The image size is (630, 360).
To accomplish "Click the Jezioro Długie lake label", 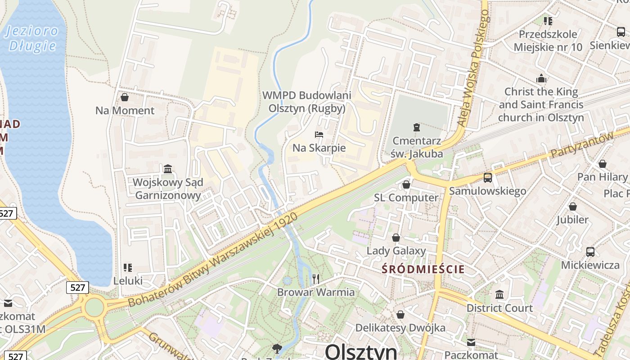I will coord(32,38).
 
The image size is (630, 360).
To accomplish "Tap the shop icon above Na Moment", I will coord(125,97).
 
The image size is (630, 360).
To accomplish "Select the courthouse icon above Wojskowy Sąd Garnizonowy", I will coord(168,169).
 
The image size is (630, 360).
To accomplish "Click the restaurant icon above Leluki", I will coord(128,268).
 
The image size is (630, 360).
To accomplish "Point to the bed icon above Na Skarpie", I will coord(319,135).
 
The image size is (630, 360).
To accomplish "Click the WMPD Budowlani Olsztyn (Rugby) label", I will coord(307,102).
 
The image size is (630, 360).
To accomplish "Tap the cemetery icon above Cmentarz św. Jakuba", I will coord(416,127).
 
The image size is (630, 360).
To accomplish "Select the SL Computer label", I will coord(406,198).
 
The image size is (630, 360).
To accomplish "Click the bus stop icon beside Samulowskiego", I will coord(487,178).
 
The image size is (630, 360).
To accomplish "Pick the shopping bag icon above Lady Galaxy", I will coord(396,238).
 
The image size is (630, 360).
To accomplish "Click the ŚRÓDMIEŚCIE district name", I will coord(423,270).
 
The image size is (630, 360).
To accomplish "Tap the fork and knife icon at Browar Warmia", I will coord(315,279).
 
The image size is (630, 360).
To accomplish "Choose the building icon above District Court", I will coord(499,295).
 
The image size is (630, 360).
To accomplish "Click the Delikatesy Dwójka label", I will coord(400,328).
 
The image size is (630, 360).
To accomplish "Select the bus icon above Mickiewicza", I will coord(590,252).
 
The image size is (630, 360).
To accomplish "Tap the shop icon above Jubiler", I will coord(572,207).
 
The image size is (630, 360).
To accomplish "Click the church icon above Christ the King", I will coord(541,79).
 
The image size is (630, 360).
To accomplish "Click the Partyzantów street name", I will coord(581,146).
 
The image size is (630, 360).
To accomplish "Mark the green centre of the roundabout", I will coord(94,307).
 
